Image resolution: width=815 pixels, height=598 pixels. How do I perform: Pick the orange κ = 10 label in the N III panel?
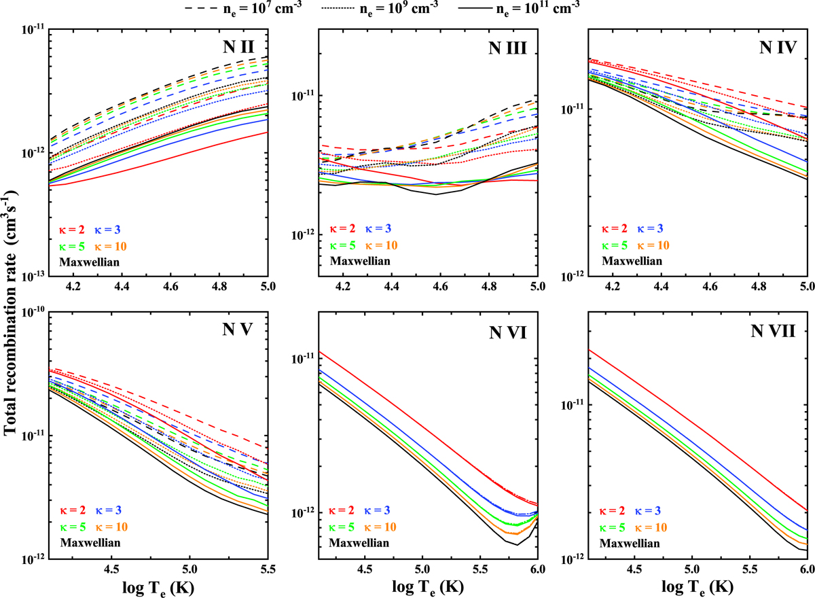point(381,245)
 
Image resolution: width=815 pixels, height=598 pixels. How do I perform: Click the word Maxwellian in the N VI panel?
point(360,543)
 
